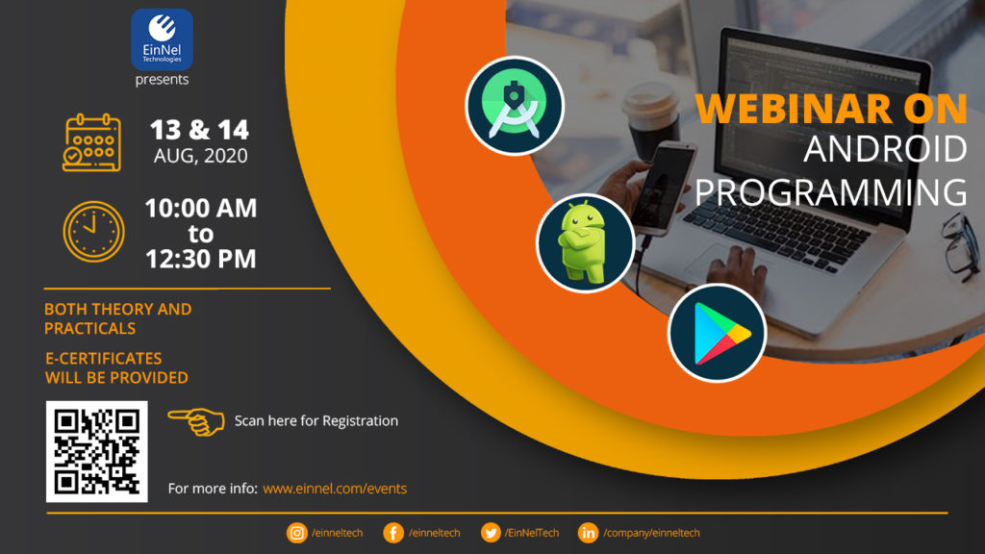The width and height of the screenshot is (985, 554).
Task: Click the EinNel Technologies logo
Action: click(x=162, y=39)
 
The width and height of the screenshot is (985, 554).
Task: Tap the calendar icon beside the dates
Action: click(x=91, y=142)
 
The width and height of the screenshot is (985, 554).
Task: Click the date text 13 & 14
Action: click(x=200, y=130)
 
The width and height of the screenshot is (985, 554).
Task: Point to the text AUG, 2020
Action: click(x=200, y=156)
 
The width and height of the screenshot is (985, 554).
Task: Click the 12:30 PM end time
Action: click(x=200, y=259)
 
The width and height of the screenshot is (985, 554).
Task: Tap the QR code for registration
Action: click(x=96, y=451)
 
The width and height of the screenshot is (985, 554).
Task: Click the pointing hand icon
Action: click(x=196, y=420)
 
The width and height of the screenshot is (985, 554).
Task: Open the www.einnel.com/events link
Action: click(x=334, y=489)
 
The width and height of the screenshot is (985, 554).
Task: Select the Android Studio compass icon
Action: click(x=515, y=107)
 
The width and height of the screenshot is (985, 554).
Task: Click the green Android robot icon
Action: click(x=584, y=242)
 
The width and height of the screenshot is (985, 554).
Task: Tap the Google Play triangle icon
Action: click(x=717, y=333)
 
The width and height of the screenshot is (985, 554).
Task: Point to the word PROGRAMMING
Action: click(x=830, y=191)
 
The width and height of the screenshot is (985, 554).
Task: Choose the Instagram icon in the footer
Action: click(x=296, y=533)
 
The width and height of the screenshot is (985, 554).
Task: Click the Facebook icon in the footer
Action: click(x=392, y=533)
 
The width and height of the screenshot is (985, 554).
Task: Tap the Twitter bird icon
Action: click(x=491, y=533)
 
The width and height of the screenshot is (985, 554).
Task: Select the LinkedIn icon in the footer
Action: click(x=588, y=533)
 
